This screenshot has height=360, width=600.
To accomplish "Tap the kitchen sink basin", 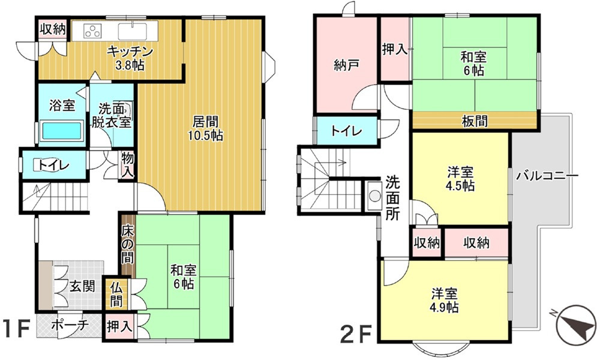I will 130,31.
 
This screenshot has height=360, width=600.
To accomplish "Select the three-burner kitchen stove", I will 92,31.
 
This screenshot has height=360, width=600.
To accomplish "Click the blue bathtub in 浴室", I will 60,131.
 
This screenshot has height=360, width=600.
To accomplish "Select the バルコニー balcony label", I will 547,176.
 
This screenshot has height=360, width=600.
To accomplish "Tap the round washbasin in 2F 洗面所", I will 375,196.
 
